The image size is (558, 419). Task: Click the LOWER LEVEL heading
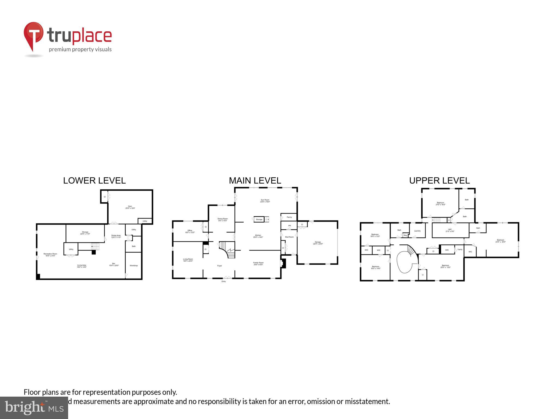pyautogui.click(x=94, y=181)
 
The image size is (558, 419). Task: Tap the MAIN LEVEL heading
pyautogui.click(x=255, y=181)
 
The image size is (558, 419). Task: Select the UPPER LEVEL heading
pyautogui.click(x=439, y=181)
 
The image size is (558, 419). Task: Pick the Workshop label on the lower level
pyautogui.click(x=134, y=265)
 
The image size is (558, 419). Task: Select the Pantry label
pyautogui.click(x=289, y=217)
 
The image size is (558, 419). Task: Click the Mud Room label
pyautogui.click(x=289, y=237)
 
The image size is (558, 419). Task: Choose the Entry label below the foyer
pyautogui.click(x=223, y=281)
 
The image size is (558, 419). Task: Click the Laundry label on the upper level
pyautogui.click(x=417, y=231)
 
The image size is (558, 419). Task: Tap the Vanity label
pyautogui.click(x=460, y=249)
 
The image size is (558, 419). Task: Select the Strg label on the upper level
pyautogui.click(x=405, y=235)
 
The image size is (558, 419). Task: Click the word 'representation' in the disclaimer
pyautogui.click(x=107, y=392)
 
